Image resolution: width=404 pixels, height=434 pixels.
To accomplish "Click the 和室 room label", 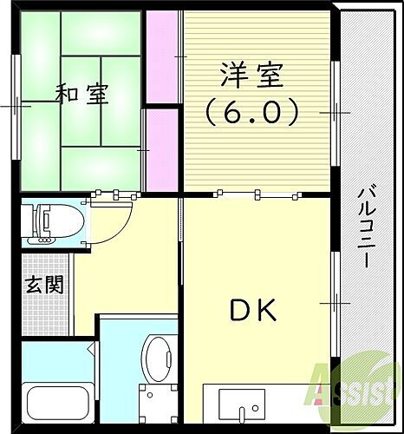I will pyautogui.click(x=83, y=93).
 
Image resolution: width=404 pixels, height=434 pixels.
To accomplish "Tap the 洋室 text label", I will pyautogui.click(x=251, y=77).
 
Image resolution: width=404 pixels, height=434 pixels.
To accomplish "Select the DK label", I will pyautogui.click(x=252, y=310).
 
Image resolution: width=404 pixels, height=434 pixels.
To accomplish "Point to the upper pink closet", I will pyautogui.click(x=161, y=56).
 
